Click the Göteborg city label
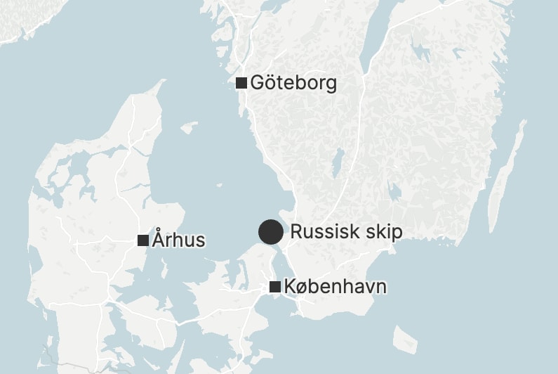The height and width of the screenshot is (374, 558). tap(293, 83)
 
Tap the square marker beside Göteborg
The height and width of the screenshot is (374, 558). tap(241, 83)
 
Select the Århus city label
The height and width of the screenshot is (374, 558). tap(178, 240)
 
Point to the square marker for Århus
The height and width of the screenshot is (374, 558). tap(143, 240)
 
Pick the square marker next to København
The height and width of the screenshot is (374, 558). tap(275, 287)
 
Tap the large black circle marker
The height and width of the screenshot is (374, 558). tap(271, 232)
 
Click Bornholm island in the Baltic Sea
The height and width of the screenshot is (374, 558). tap(406, 339)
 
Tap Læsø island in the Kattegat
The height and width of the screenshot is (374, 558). tap(188, 128)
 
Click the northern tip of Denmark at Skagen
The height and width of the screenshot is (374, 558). tap(164, 82)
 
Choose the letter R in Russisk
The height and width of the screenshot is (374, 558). tap(296, 232)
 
